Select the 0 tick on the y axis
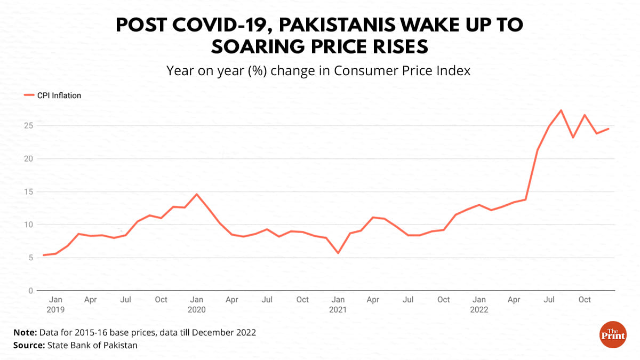pyautogui.click(x=31, y=291)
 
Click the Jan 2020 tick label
pyautogui.click(x=196, y=304)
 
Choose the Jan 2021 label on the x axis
pyautogui.click(x=338, y=304)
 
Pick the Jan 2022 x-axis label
pyautogui.click(x=479, y=304)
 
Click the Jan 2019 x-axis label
pyautogui.click(x=55, y=304)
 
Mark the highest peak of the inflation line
pyautogui.click(x=561, y=110)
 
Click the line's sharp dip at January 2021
pyautogui.click(x=338, y=253)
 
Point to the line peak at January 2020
pyautogui.click(x=197, y=194)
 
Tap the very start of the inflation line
pyautogui.click(x=44, y=255)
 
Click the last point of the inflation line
pyautogui.click(x=608, y=129)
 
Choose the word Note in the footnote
pyautogui.click(x=25, y=332)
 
